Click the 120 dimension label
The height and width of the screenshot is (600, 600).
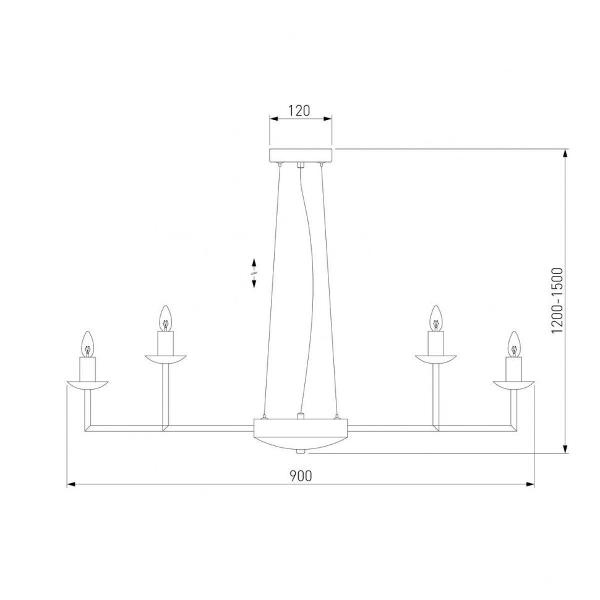click(x=299, y=111)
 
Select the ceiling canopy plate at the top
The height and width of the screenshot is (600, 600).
click(x=301, y=155)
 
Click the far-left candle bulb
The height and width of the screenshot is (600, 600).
click(x=88, y=343)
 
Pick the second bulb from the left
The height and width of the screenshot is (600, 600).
click(x=165, y=318)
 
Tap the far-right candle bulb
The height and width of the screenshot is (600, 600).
click(x=513, y=343)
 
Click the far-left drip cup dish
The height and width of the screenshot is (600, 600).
click(x=88, y=384)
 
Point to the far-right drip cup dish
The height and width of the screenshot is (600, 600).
click(x=513, y=384)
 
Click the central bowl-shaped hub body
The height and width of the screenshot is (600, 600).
click(x=301, y=433)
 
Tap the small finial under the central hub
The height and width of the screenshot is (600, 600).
click(x=301, y=452)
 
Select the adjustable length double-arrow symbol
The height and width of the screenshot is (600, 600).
click(x=254, y=272)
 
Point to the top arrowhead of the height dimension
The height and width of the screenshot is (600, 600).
click(x=565, y=153)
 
